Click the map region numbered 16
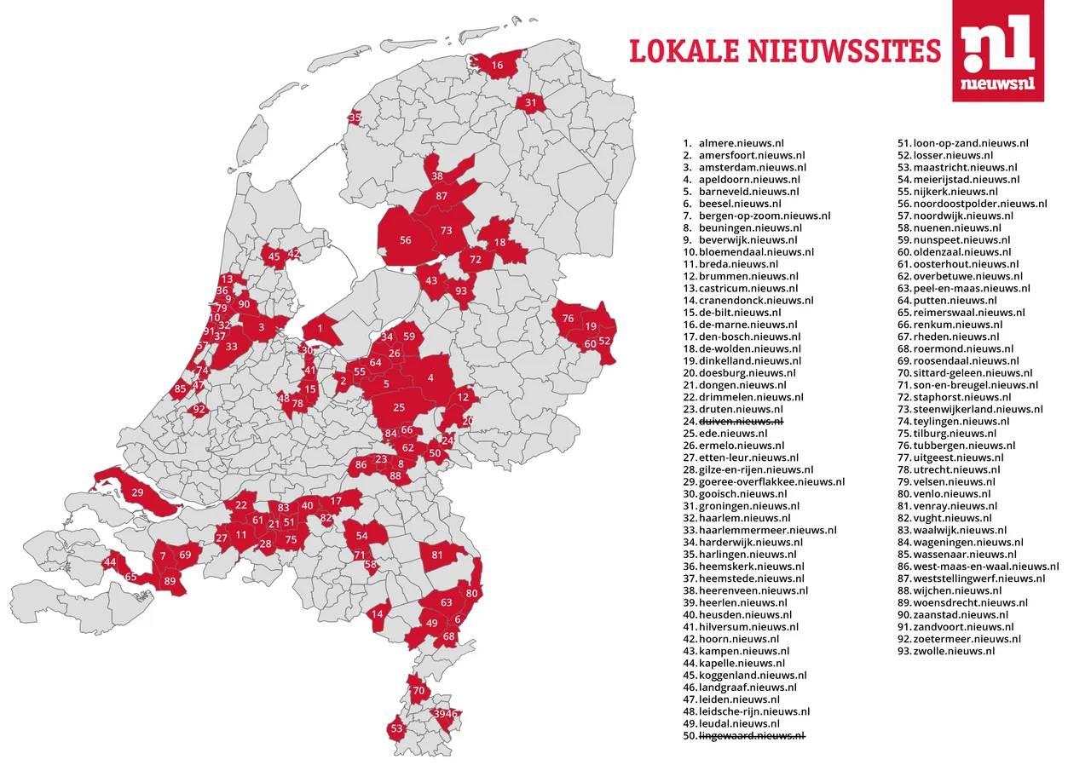tap(497, 66)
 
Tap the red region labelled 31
tap(531, 103)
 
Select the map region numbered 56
tap(406, 240)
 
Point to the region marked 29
tap(137, 492)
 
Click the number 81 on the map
tap(437, 555)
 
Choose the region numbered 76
tap(568, 318)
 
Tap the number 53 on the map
tap(396, 729)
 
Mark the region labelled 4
tap(430, 378)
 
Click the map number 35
tap(355, 118)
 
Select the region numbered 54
tap(362, 535)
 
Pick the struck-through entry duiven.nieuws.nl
tap(741, 422)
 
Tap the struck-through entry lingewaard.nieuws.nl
tap(752, 735)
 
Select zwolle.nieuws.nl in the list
tap(953, 651)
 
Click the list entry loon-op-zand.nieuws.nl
tap(970, 144)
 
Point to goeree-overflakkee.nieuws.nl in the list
tap(771, 482)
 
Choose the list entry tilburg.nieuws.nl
tap(949, 434)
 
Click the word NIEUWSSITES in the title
tap(844, 51)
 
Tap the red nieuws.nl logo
tap(997, 51)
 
